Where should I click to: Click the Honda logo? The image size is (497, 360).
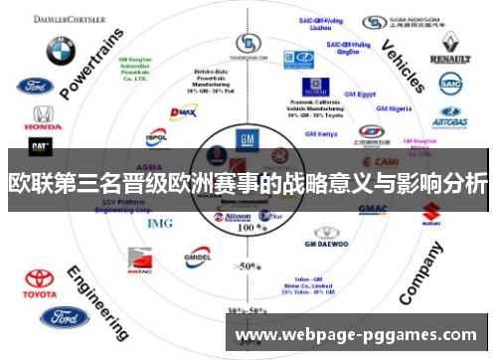pos(41,118)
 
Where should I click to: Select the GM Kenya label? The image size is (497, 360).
pos(321,132)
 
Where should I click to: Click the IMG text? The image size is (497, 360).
pos(159,223)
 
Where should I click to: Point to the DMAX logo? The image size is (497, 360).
pos(183,113)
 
